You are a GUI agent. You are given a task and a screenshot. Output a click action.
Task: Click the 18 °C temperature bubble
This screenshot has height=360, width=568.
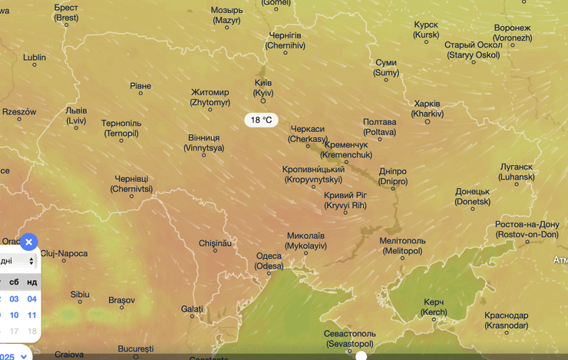[x=261, y=120]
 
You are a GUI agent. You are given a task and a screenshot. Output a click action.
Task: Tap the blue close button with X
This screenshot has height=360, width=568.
[x=28, y=242]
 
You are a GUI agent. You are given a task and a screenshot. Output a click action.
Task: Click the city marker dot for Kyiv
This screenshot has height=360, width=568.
[x=263, y=101]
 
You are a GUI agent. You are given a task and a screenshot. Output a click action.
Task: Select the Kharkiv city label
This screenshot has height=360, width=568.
[x=427, y=108]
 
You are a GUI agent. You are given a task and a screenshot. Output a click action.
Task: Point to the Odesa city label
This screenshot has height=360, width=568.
[x=269, y=261]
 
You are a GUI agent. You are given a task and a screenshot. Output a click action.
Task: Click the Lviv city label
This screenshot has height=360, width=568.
[x=76, y=115]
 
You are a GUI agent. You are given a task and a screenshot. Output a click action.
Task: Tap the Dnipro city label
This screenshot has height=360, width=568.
[x=393, y=177]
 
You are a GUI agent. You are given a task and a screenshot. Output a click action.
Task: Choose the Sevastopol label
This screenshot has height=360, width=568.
[x=350, y=339]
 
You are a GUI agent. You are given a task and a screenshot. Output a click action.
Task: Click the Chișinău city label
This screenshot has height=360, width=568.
[x=215, y=243]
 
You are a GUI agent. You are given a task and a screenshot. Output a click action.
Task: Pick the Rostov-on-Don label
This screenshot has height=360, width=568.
[x=527, y=230]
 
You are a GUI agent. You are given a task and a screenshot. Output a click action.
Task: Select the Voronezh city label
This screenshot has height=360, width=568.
[x=512, y=33]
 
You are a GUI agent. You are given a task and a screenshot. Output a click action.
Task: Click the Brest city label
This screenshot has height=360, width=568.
[x=66, y=12]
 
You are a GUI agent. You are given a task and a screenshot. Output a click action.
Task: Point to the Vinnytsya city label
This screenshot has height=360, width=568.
[x=203, y=143]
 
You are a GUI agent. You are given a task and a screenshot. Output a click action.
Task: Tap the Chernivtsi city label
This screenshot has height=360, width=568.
[x=131, y=183]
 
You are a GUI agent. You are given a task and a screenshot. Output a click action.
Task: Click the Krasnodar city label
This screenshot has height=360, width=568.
[x=507, y=320]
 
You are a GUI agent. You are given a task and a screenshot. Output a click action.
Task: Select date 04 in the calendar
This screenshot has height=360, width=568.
[x=31, y=299]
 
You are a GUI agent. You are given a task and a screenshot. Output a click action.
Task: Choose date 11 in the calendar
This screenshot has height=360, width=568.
[x=31, y=315]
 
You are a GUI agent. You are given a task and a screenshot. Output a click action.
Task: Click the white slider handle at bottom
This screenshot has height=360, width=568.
[x=361, y=355]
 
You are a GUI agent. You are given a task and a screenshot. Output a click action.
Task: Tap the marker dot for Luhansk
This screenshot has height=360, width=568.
[x=517, y=183]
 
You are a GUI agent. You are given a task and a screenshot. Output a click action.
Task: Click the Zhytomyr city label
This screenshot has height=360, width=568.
[x=210, y=97]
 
